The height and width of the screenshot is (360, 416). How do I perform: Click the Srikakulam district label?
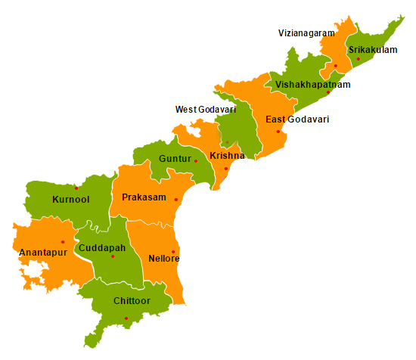click(x=373, y=49)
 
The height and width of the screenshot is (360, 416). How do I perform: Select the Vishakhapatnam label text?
click(x=313, y=84)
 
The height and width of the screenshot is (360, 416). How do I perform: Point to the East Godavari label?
click(x=297, y=119)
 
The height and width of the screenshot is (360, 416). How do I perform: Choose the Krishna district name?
click(x=227, y=156)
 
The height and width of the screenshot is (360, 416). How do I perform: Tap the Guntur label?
click(x=175, y=159)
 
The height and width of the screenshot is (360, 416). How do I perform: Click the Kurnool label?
click(x=71, y=200)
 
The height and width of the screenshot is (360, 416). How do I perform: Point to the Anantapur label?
click(x=44, y=252)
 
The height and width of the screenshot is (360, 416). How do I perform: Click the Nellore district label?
click(x=164, y=259)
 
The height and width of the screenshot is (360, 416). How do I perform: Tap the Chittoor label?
click(x=132, y=301)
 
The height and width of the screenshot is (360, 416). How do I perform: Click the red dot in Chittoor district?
click(x=126, y=318)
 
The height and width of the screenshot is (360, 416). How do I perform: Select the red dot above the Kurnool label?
click(x=76, y=188)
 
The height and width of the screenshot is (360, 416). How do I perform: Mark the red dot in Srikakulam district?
click(x=358, y=59)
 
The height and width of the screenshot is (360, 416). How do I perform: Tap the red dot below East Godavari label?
click(x=278, y=132)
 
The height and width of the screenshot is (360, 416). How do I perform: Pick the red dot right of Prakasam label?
click(x=176, y=200)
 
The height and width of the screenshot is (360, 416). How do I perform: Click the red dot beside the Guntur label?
click(x=196, y=160)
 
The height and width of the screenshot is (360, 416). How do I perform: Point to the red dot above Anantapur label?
click(x=63, y=242)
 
